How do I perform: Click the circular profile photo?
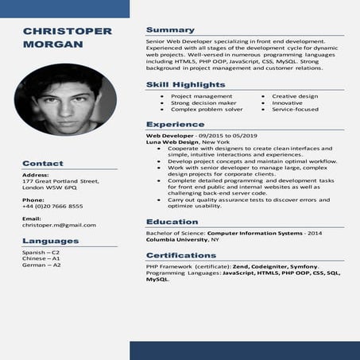65,99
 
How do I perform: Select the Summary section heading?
170,29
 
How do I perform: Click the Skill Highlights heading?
185,84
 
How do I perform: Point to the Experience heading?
175,124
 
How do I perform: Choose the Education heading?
172,222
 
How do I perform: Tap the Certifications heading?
181,255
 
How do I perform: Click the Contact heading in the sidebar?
43,163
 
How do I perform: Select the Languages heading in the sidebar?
51,241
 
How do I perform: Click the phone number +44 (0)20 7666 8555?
52,206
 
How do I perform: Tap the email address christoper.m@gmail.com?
59,225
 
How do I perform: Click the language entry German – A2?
41,265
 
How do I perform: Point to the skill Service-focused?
295,109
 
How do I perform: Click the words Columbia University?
176,239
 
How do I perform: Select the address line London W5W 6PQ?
49,188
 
